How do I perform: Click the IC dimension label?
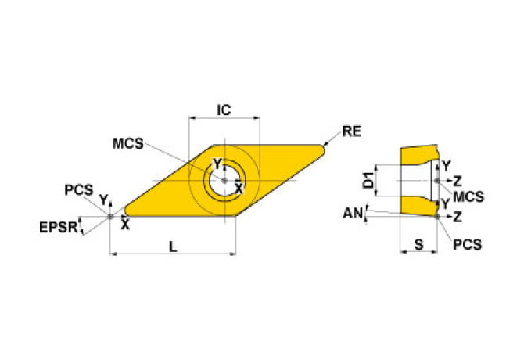pyautogui.click(x=224, y=110)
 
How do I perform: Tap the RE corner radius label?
pyautogui.click(x=352, y=131)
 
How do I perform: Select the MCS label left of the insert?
pyautogui.click(x=127, y=144)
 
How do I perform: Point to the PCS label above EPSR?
pyautogui.click(x=78, y=190)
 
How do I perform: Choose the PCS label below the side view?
pyautogui.click(x=467, y=245)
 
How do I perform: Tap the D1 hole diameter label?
pyautogui.click(x=368, y=182)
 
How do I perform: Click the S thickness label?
pyautogui.click(x=418, y=245)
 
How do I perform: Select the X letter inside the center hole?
pyautogui.click(x=239, y=189)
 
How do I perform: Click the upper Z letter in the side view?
pyautogui.click(x=458, y=180)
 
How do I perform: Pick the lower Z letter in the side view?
pyautogui.click(x=458, y=215)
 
